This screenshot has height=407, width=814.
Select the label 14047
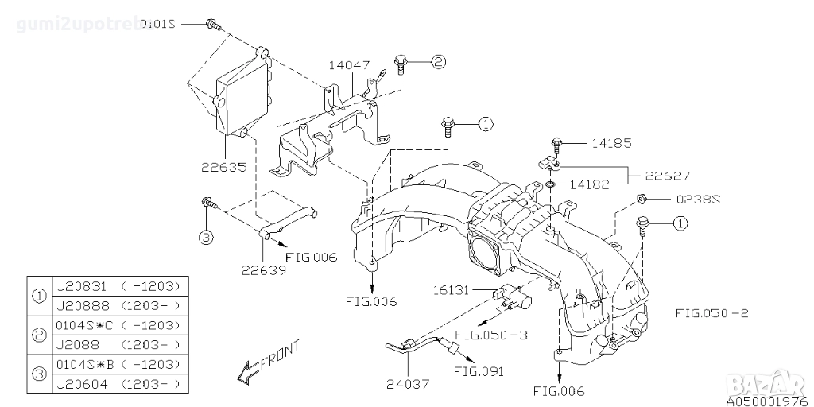coord(351,65)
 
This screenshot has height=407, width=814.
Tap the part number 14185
coord(610,144)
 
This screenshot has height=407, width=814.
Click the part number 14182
coord(589,184)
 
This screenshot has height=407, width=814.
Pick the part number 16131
coord(452,291)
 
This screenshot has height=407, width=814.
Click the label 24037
coord(409,384)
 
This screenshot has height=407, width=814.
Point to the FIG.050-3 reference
coord(493,335)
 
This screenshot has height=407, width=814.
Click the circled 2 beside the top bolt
coord(438,61)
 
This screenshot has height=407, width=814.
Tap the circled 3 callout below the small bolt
coord(206,237)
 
